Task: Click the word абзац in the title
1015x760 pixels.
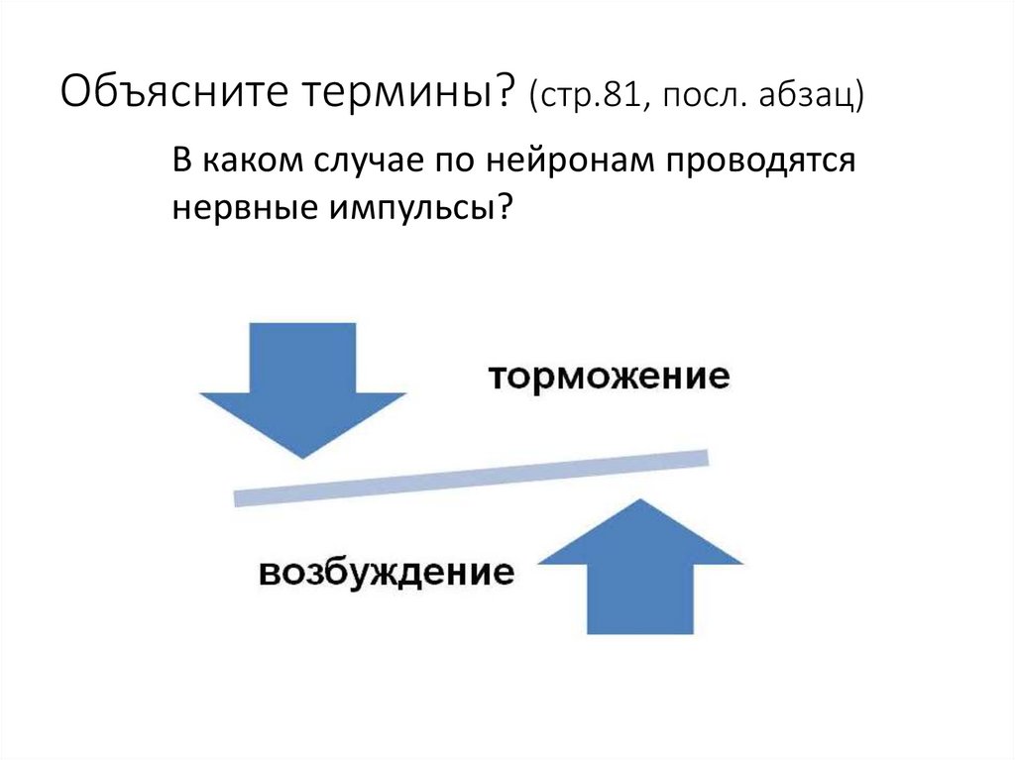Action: click(x=810, y=98)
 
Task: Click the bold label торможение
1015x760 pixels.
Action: click(x=609, y=378)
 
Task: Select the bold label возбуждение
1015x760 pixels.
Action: click(x=387, y=573)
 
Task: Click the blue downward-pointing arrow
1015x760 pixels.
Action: click(x=303, y=386)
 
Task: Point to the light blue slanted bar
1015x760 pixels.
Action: click(x=472, y=478)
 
